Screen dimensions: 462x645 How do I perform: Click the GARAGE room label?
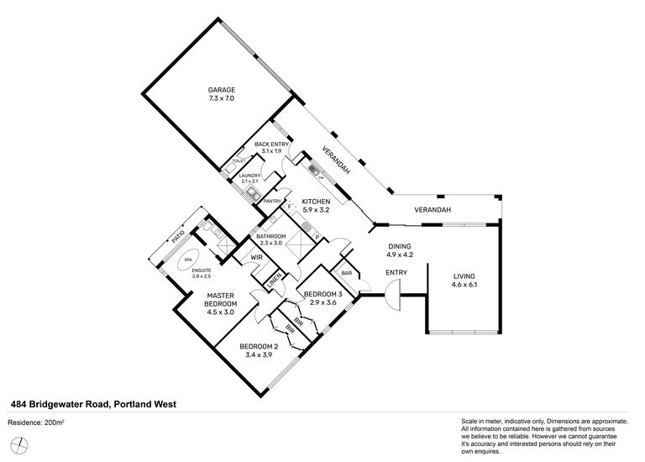pos(222,90)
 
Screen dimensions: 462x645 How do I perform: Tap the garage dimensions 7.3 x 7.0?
pos(222,98)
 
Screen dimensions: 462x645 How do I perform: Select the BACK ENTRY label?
pos(271,144)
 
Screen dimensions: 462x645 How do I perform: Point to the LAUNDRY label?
pos(250,176)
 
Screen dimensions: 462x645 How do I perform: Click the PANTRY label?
pos(271,201)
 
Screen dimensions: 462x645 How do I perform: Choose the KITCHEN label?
pos(317,202)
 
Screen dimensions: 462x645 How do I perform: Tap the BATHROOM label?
pos(272,237)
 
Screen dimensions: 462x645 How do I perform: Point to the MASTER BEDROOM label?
pos(222,299)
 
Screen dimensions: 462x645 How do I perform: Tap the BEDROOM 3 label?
pos(322,295)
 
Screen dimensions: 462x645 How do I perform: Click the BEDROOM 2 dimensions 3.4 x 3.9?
pos(258,355)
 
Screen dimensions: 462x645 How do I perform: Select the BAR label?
pos(345,272)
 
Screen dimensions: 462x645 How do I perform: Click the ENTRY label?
pos(396,272)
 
